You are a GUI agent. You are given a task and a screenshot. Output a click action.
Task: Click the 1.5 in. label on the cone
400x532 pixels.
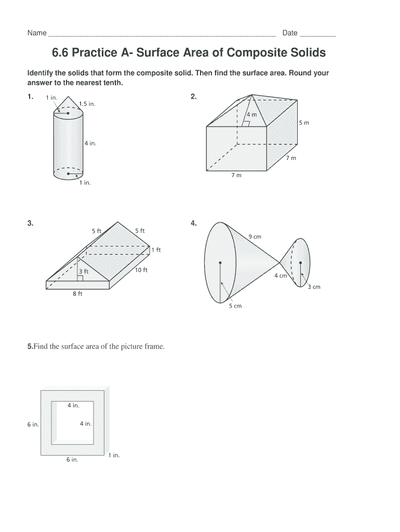point(88,103)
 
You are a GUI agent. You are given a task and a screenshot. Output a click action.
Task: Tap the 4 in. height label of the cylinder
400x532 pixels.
point(90,143)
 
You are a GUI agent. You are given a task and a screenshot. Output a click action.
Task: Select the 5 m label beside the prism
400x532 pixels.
point(304,123)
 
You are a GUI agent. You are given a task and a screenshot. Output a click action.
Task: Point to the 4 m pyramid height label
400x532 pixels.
point(251,114)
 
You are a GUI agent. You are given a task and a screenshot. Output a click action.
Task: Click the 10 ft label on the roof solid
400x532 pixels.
point(141,270)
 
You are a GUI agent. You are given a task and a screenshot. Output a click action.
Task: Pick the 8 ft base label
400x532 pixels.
point(77,295)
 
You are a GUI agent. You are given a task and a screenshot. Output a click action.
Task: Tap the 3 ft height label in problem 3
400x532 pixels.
point(83,271)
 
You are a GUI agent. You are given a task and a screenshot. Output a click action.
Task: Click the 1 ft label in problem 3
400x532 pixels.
point(156,250)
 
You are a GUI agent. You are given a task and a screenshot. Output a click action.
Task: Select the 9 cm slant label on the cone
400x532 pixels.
point(255,237)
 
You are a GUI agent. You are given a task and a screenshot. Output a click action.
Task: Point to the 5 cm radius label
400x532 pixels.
point(236,306)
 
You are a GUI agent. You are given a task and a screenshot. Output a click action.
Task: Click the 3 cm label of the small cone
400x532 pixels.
point(314,287)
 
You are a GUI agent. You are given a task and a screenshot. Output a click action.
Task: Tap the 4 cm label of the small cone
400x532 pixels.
point(281,276)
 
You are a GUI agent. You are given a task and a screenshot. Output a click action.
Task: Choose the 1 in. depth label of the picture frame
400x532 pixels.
point(114,455)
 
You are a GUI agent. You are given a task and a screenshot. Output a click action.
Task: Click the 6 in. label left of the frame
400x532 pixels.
point(33,424)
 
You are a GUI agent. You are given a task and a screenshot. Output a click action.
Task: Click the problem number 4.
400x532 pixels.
point(194,223)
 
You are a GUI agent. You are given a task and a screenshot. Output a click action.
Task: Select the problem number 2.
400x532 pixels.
point(194,96)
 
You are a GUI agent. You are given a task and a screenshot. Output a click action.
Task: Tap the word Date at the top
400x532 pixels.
point(290,33)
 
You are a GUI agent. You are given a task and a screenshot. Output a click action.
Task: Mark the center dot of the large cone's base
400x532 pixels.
point(220,262)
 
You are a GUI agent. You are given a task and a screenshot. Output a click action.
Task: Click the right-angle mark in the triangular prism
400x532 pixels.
point(80,278)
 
